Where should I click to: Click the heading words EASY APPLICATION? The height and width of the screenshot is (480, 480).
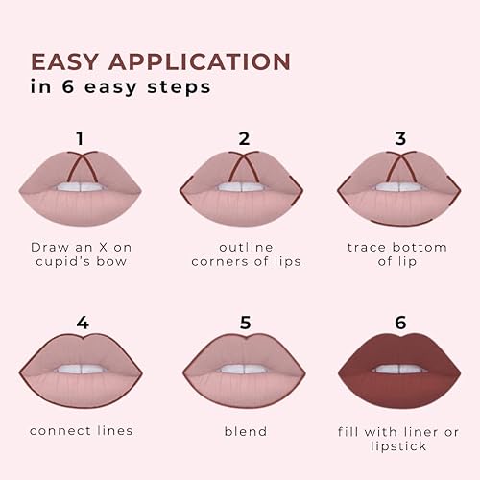coord(160,61)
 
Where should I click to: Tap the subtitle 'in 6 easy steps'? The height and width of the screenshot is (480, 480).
coord(121,86)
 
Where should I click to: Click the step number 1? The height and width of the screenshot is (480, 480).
coord(81,137)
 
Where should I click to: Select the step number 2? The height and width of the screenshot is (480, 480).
coord(244,137)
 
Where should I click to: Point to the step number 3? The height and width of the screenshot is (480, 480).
coord(399,137)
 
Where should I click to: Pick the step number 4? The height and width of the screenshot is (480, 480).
coord(83,323)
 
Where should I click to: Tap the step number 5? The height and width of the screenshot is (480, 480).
coord(244,323)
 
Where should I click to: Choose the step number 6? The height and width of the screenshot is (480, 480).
coord(399,323)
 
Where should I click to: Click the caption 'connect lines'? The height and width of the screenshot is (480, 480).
coord(81,430)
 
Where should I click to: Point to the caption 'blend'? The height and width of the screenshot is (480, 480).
coord(244,431)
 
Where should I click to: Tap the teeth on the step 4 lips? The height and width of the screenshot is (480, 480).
coord(82,369)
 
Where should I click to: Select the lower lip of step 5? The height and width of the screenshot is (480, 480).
coord(244,390)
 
